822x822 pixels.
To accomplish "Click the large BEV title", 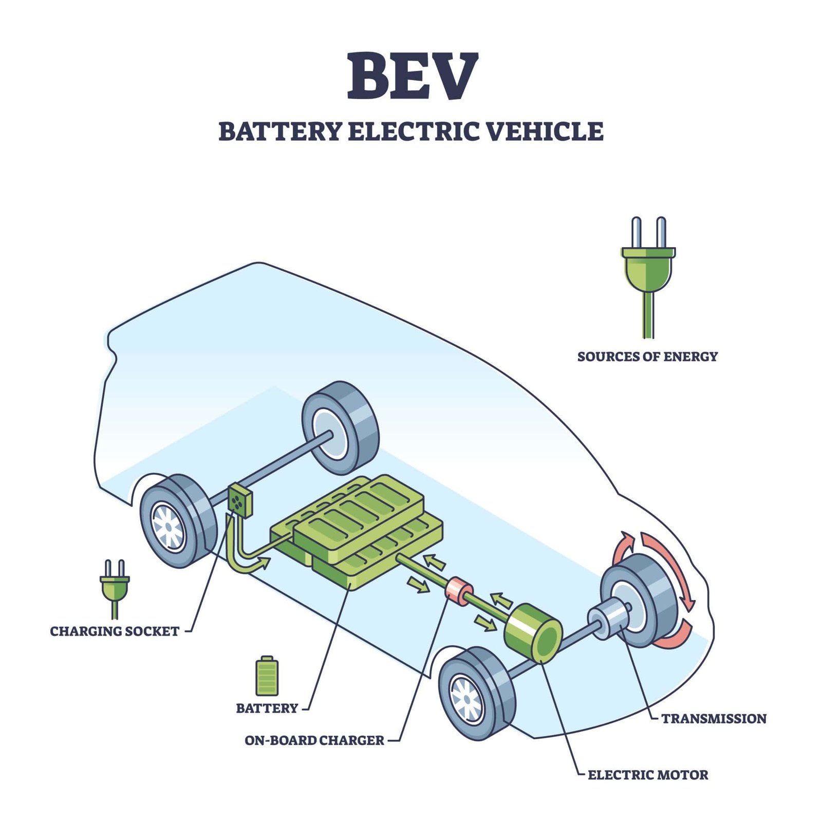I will tap(413, 76).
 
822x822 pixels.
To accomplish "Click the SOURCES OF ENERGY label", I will tap(647, 357).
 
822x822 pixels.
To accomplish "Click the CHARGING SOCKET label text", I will tap(115, 631).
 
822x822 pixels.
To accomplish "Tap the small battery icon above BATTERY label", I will tap(267, 676).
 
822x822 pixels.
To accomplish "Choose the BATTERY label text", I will tap(267, 708).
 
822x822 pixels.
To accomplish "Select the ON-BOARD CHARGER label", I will tap(314, 740).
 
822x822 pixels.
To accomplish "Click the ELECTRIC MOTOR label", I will tap(648, 775).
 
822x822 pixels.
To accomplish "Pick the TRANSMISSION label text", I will tap(714, 719).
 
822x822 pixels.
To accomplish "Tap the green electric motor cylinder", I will tap(533, 633).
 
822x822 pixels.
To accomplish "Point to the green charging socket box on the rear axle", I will tap(239, 500).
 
